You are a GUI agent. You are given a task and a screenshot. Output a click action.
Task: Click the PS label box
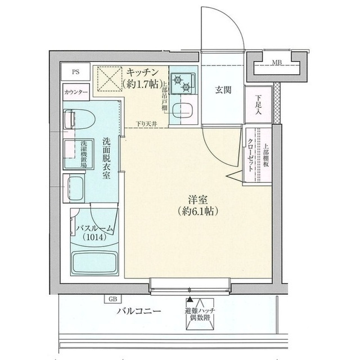76,71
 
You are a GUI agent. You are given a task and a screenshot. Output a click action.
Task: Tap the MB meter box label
277,62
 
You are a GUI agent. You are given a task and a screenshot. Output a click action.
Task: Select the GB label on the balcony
114,299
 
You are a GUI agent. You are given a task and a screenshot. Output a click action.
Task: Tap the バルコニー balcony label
139,310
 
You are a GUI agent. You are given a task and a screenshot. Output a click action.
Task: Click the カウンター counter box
76,92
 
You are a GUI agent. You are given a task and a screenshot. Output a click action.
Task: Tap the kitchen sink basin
183,110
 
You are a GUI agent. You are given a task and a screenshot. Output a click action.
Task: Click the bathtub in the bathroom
94,262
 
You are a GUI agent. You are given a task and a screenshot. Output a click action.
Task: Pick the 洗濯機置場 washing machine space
76,153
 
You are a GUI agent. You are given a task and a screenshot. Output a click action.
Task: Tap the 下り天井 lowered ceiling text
146,124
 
